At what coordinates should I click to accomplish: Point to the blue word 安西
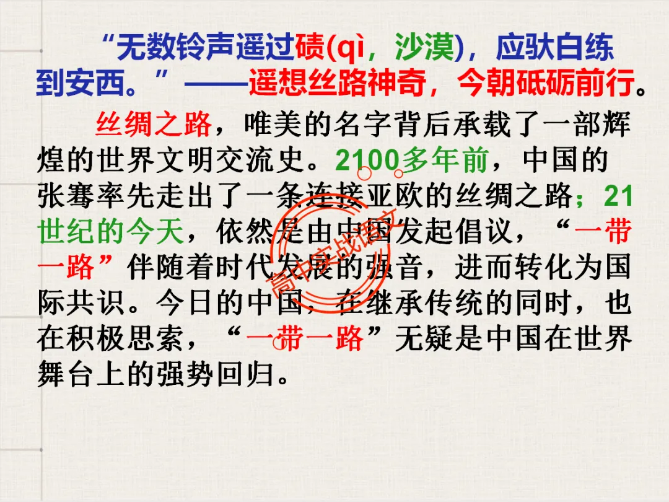coord(97,83)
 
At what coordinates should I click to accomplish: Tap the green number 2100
coord(368,161)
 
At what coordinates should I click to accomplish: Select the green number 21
coord(618,197)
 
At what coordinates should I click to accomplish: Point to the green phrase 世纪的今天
coord(111,232)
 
